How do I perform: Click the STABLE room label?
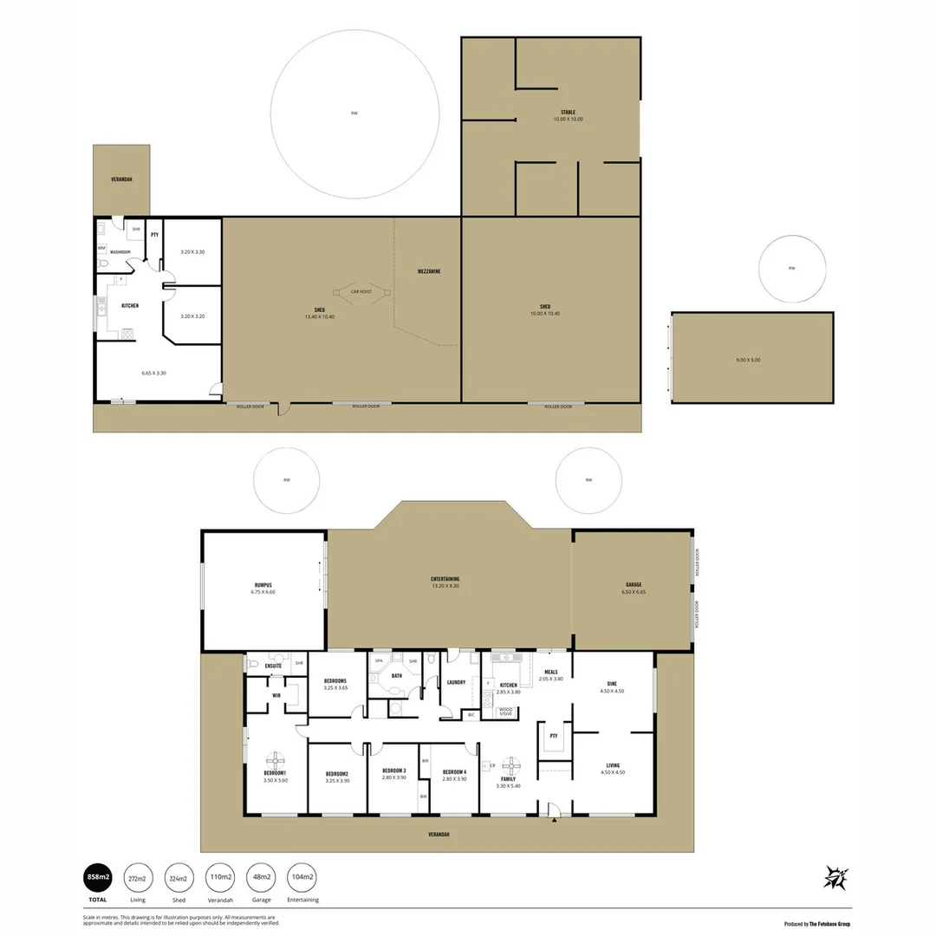click(568, 113)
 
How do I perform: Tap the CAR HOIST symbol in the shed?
click(361, 292)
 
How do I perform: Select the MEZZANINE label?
click(429, 271)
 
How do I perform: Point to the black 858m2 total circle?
click(96, 878)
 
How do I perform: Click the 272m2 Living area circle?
click(138, 878)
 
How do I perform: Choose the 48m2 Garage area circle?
click(259, 878)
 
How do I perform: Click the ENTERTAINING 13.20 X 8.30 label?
click(445, 582)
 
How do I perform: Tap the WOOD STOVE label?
click(506, 712)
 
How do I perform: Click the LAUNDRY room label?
click(457, 682)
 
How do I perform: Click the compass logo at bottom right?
click(835, 878)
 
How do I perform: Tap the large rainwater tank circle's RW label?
click(354, 114)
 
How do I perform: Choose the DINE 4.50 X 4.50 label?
click(612, 686)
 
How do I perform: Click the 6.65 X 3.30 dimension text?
click(153, 373)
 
